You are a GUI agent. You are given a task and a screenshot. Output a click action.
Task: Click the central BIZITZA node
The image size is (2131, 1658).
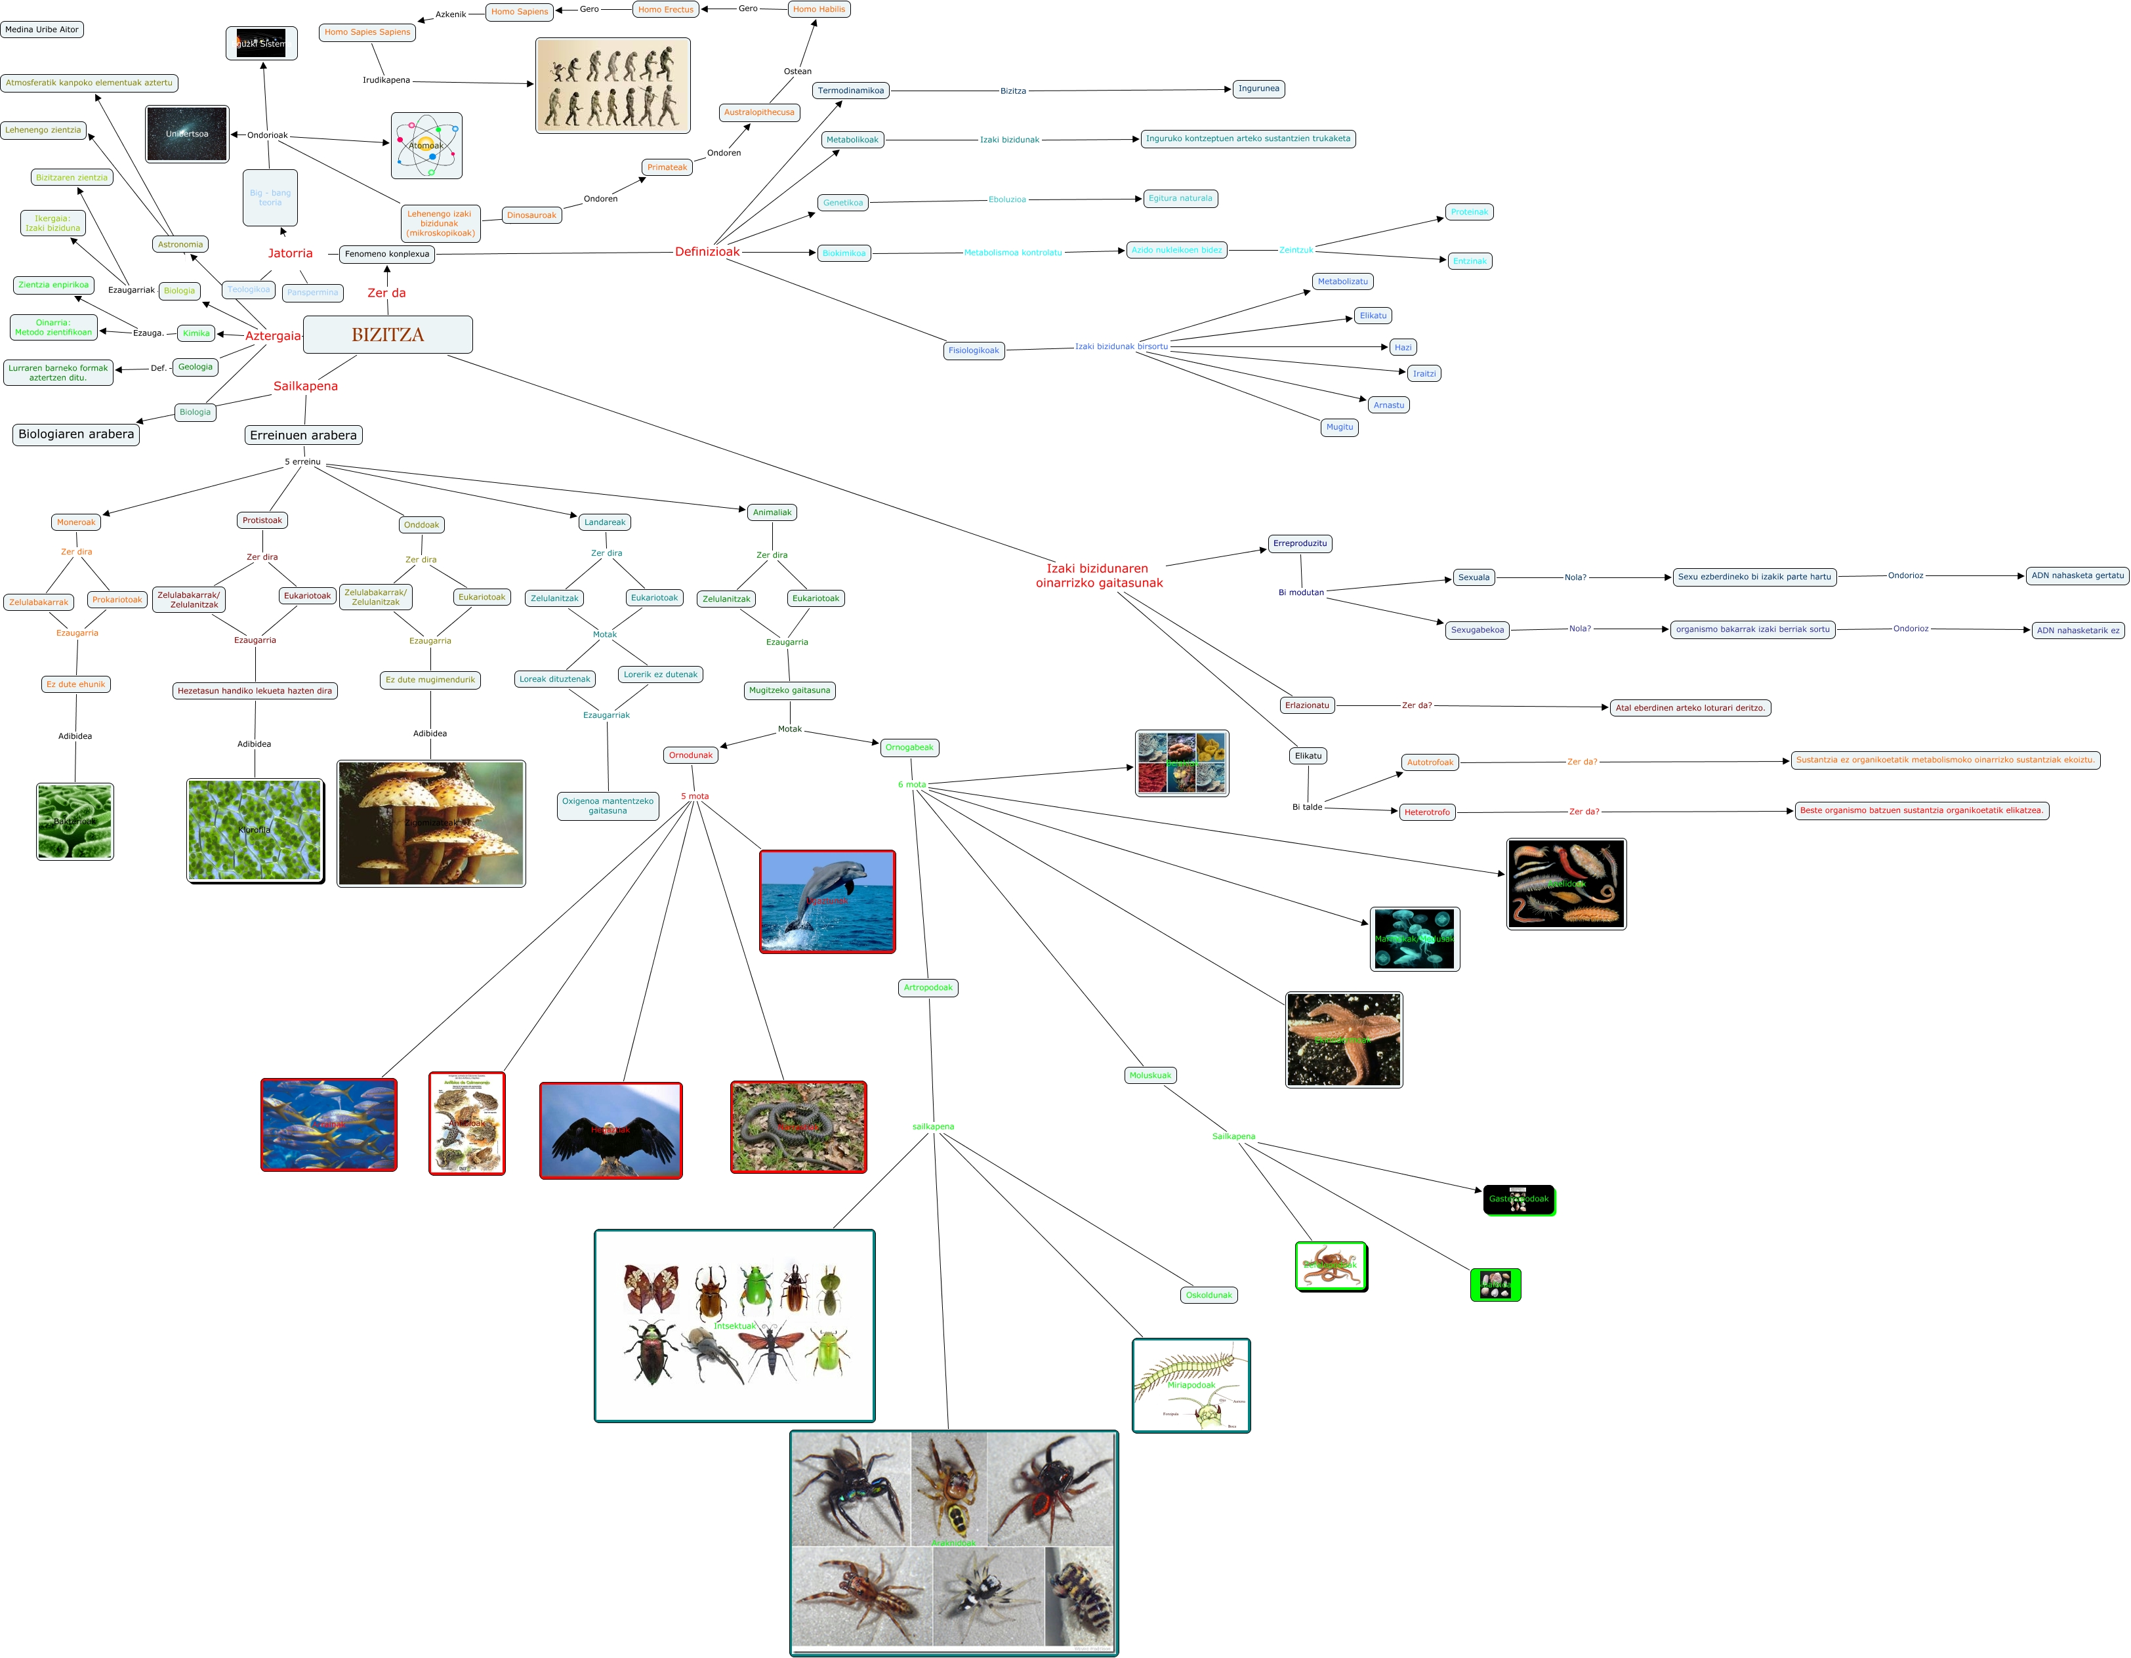387,335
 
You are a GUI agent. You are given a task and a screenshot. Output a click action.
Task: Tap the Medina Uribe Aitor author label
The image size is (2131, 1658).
42,30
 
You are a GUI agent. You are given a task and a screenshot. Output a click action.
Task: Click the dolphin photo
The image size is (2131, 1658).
827,901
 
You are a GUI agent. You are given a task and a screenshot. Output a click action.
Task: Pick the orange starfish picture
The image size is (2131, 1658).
1344,1039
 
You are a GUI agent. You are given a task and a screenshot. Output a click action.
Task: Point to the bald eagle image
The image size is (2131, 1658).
611,1130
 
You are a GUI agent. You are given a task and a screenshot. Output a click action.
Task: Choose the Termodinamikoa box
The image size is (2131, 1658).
851,91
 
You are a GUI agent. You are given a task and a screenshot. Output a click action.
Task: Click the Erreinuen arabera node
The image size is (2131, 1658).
304,435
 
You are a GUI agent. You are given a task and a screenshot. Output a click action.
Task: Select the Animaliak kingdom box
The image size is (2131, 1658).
772,512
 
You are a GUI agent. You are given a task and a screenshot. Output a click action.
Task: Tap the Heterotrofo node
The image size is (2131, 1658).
1426,812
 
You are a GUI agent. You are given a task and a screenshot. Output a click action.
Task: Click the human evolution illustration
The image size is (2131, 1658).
613,86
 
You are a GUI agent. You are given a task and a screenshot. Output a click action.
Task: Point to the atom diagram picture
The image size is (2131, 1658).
426,146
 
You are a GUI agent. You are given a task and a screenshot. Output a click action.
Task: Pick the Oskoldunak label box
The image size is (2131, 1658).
1209,1295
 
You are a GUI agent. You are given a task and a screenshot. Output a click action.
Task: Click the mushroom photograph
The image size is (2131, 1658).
431,823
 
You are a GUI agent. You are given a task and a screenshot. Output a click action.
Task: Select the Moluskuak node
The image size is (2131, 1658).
1150,1075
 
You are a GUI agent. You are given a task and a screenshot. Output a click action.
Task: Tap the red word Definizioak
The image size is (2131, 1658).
707,252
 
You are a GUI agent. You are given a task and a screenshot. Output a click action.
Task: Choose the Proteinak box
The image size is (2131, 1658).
1468,212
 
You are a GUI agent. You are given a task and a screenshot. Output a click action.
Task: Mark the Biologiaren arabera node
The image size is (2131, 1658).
76,434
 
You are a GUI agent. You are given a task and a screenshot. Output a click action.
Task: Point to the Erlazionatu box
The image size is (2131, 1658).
1306,705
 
